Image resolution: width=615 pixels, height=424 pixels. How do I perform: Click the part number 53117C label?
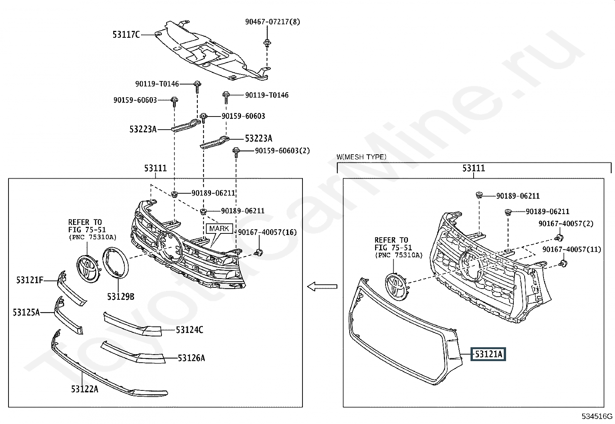[126, 35]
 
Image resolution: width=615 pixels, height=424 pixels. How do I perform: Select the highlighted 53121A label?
[488, 354]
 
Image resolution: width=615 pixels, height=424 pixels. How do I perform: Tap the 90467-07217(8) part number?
[272, 22]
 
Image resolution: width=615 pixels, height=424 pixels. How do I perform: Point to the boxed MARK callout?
[219, 228]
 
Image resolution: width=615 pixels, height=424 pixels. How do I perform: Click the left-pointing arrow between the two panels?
[322, 286]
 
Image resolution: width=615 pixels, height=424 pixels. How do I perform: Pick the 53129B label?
[121, 296]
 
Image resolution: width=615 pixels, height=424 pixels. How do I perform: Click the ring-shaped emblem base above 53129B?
[115, 262]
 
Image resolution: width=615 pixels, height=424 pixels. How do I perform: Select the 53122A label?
[84, 389]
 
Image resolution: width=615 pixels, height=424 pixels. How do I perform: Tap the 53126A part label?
[191, 358]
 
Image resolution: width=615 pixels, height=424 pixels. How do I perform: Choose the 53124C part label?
[189, 330]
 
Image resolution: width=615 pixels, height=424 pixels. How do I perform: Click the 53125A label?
[26, 312]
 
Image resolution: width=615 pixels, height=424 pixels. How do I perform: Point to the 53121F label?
[29, 280]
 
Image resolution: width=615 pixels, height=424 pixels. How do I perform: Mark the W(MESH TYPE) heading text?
[361, 157]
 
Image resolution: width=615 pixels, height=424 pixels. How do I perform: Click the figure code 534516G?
[597, 416]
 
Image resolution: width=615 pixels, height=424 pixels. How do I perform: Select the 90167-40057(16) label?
[267, 232]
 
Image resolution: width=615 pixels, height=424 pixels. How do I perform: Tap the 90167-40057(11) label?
[571, 250]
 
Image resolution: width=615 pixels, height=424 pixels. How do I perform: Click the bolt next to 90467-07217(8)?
[267, 43]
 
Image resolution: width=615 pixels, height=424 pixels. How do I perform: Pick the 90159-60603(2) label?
[282, 150]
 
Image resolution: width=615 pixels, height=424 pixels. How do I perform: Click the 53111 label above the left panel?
[155, 168]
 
